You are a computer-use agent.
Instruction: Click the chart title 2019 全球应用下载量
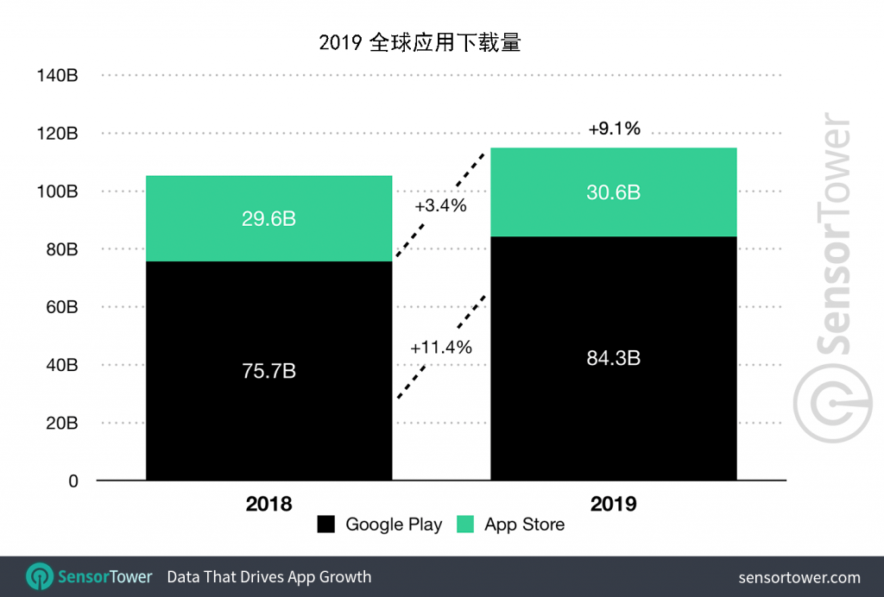420,42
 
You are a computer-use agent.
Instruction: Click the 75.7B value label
268,371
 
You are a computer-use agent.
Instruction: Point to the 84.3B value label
612,358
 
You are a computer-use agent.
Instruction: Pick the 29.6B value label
268,219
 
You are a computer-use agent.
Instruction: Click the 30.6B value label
612,192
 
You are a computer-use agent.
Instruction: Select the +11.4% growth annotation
441,348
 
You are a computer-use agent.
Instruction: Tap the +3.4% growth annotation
440,206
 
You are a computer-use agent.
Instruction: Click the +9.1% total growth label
614,129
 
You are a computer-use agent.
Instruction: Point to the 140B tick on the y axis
58,76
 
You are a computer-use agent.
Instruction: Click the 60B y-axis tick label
61,307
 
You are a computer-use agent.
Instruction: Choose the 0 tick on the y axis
73,481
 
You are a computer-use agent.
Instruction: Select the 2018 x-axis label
268,504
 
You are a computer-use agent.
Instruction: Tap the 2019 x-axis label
613,504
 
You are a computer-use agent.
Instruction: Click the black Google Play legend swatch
326,525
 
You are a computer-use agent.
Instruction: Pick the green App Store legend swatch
465,525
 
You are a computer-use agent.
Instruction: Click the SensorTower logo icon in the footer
40,577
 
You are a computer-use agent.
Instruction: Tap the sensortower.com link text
799,577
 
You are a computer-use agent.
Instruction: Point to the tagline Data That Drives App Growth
268,577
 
